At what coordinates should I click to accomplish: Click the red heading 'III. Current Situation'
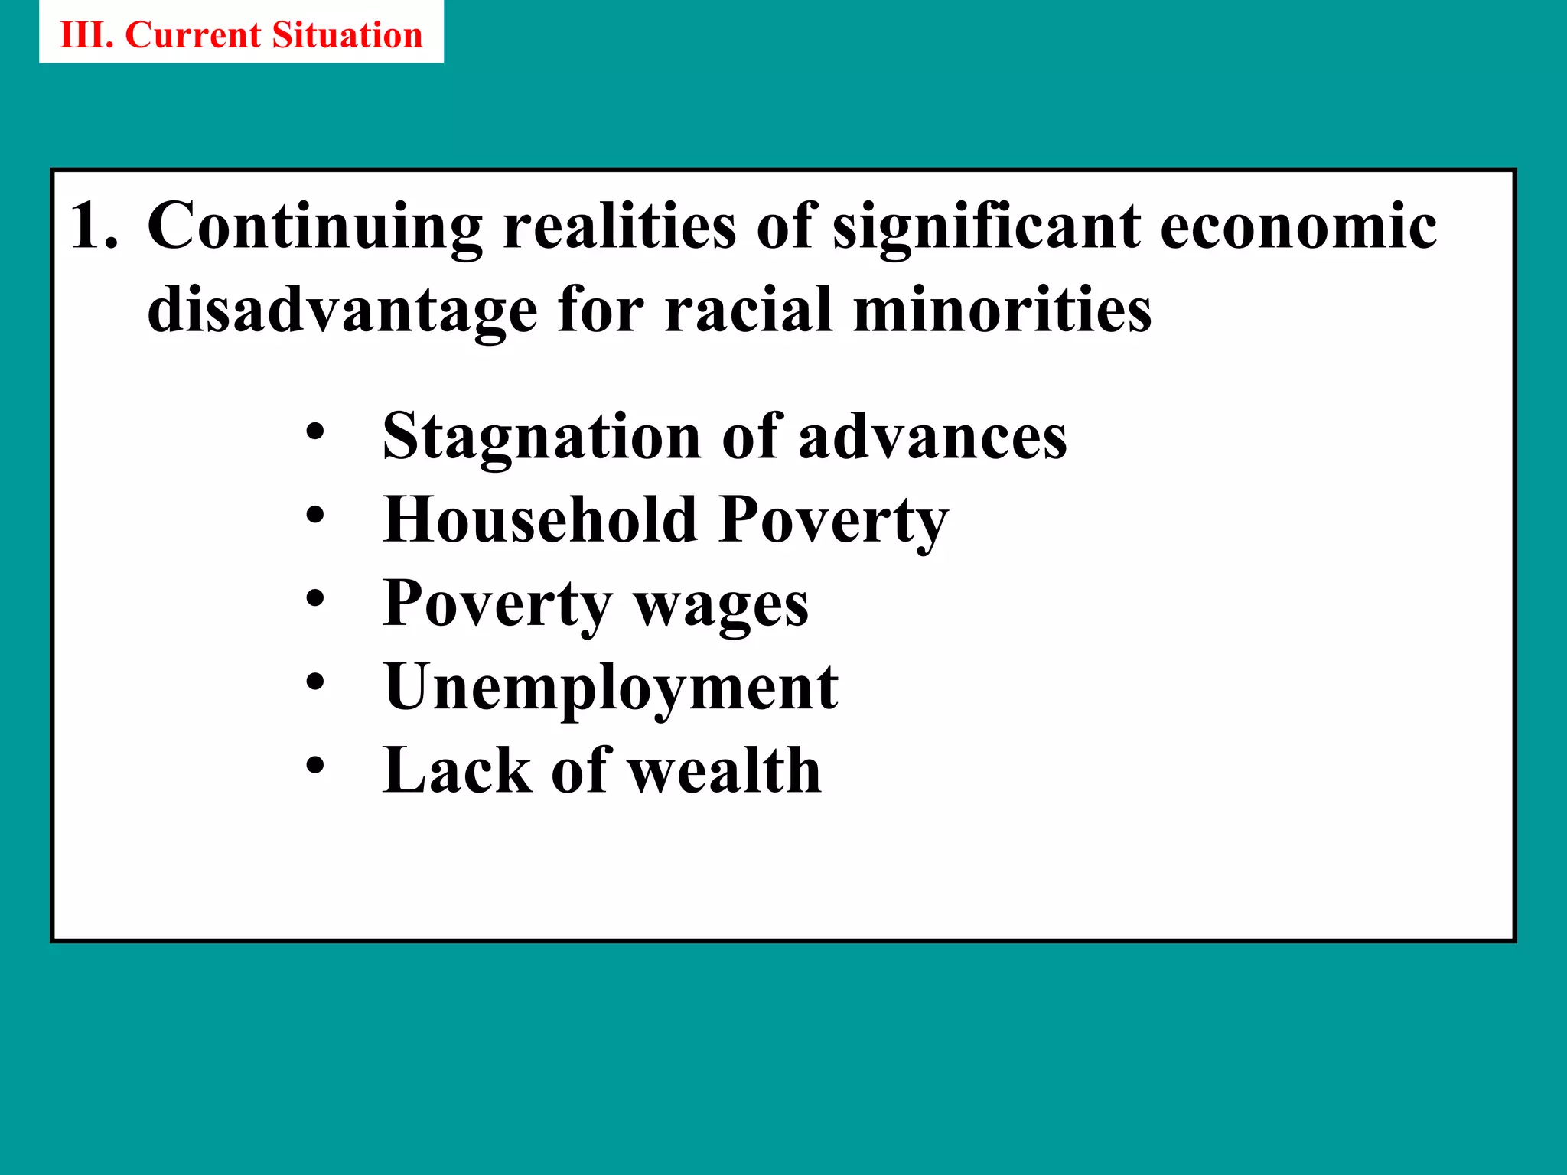(241, 35)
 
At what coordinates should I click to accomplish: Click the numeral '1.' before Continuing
(94, 226)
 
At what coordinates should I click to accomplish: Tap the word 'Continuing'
(314, 227)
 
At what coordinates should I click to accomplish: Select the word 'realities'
(620, 226)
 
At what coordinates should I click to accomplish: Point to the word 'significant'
(986, 227)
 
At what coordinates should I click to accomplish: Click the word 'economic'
(1298, 226)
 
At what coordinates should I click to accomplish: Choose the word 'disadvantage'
(342, 311)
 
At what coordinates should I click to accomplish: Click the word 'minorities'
(1002, 310)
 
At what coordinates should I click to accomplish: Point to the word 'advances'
(932, 436)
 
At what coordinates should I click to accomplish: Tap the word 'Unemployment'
(611, 688)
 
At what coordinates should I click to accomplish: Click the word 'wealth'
(725, 770)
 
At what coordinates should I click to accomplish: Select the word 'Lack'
(457, 770)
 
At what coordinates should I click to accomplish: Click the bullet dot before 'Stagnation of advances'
(314, 432)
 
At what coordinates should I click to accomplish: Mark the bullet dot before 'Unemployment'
(314, 682)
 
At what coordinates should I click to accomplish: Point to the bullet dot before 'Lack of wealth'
(314, 765)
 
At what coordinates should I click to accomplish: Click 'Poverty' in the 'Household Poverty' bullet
(834, 521)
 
